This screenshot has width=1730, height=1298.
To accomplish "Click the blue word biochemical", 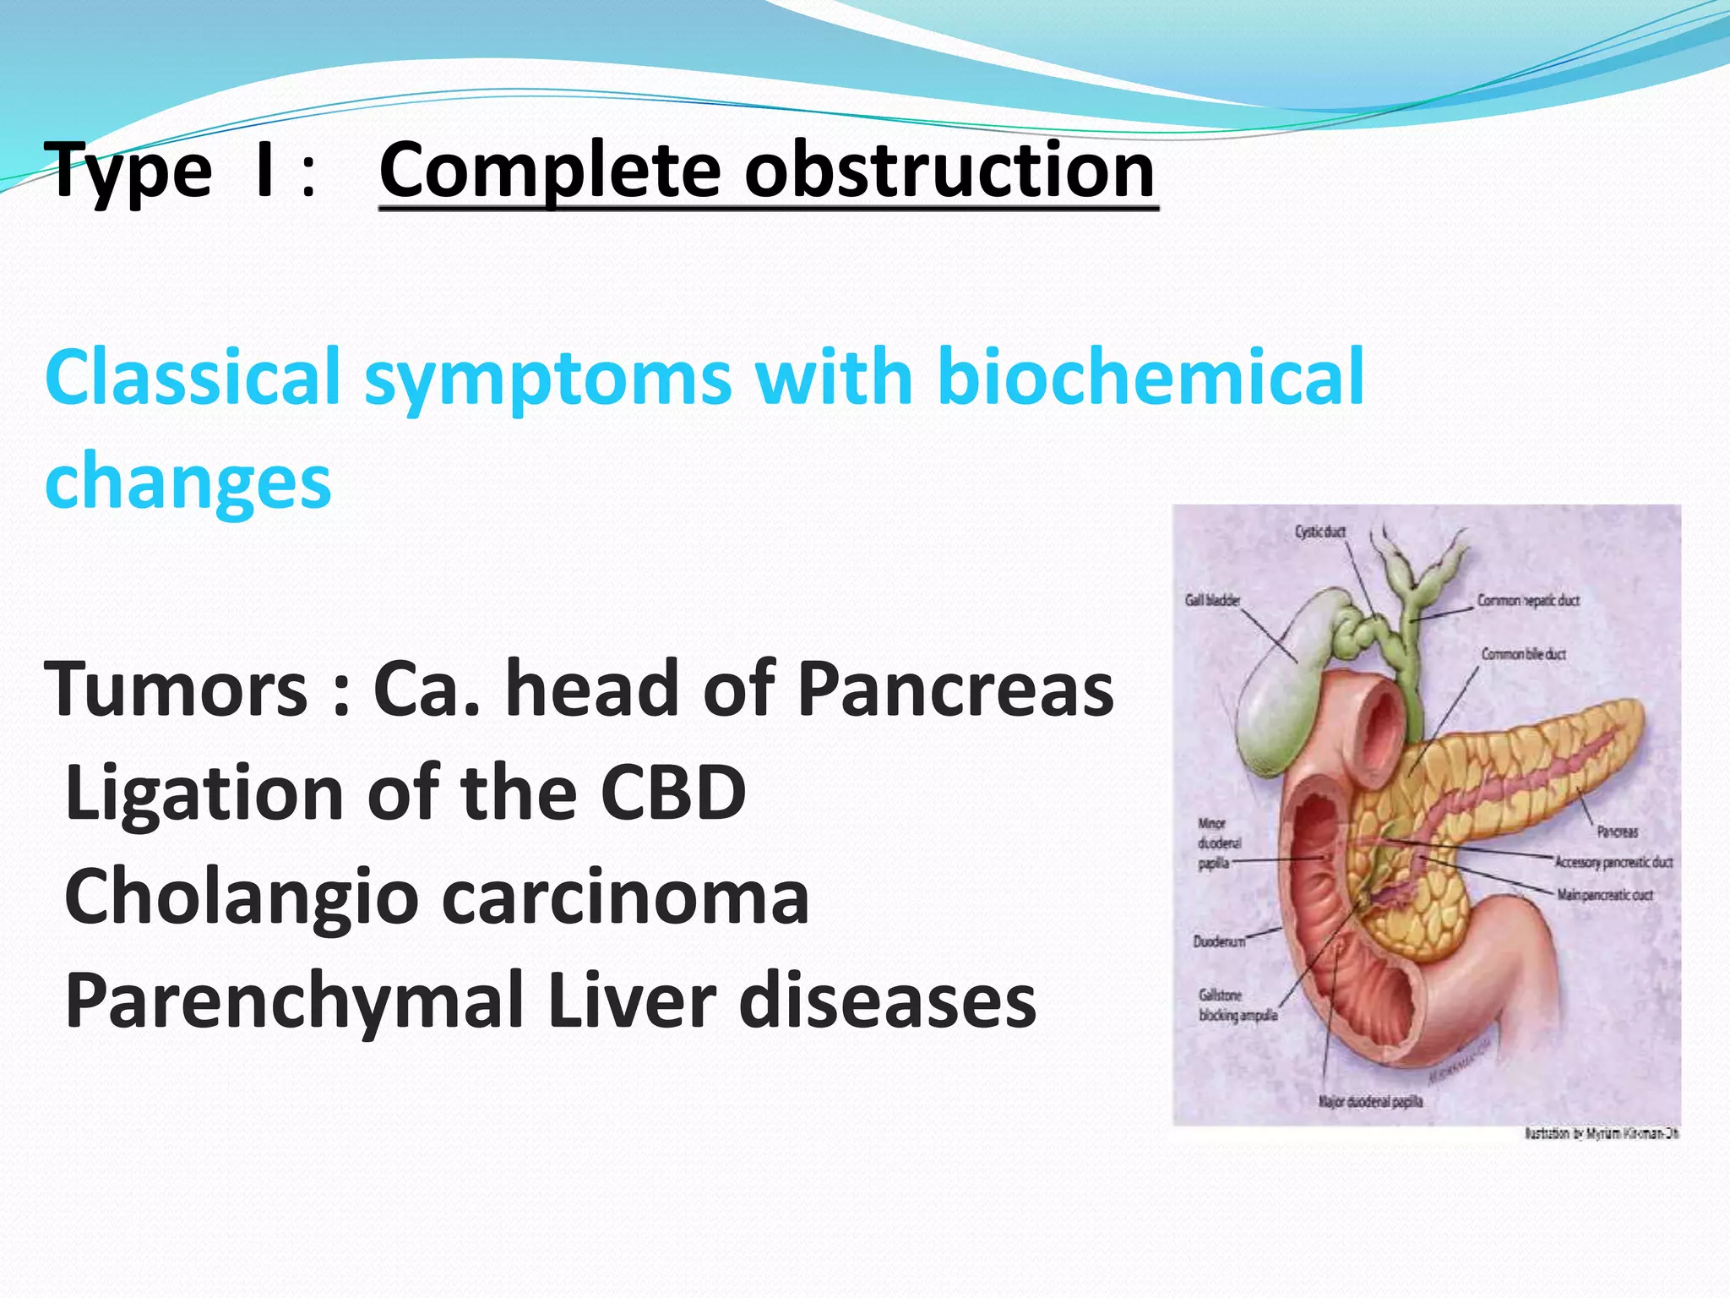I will click(x=1151, y=377).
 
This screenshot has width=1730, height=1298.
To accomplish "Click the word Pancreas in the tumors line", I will click(x=955, y=690).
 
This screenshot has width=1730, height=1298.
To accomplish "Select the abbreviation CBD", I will click(x=672, y=793).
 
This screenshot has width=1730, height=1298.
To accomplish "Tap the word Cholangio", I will click(x=241, y=897).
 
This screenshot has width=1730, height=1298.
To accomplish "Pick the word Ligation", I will click(x=204, y=793).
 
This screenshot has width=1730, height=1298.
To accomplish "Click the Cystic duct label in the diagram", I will click(x=1319, y=532).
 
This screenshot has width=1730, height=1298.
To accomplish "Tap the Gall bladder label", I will click(x=1212, y=601).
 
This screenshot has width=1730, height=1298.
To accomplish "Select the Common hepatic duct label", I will click(x=1527, y=601).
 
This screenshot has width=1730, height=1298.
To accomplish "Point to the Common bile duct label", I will click(x=1523, y=654).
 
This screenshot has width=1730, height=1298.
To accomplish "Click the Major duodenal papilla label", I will click(x=1370, y=1102).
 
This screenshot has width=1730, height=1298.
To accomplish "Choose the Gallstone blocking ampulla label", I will click(x=1237, y=1006).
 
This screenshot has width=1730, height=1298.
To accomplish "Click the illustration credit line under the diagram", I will click(x=1601, y=1134).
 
